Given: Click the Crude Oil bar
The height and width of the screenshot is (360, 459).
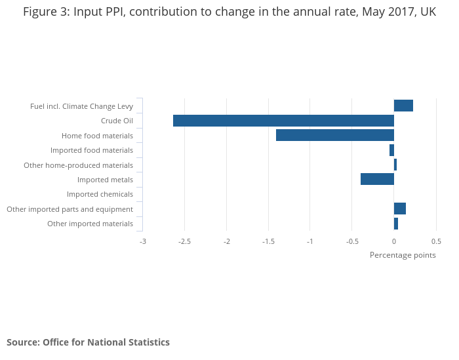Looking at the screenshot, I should tap(283, 121).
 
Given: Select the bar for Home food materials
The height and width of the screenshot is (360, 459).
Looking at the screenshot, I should tap(334, 135).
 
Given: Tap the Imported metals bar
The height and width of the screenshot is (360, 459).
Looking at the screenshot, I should tap(377, 179).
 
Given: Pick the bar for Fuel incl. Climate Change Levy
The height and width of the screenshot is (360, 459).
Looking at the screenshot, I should tap(403, 106).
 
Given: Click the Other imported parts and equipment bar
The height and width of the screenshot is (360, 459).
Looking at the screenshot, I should tap(399, 209).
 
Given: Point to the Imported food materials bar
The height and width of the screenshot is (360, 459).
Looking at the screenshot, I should tap(391, 150).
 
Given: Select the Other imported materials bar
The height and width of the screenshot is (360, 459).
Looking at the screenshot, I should tap(395, 224).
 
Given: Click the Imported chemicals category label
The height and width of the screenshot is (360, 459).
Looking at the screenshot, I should tap(100, 194).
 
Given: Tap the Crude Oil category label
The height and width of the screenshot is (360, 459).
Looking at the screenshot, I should tap(117, 121).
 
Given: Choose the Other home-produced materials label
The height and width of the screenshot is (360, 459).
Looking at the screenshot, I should tap(78, 165).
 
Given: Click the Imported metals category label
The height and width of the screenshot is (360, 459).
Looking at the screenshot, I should tap(105, 180).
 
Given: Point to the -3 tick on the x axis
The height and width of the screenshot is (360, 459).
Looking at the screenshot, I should tap(143, 241).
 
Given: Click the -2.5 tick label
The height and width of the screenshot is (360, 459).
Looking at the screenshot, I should tap(184, 241).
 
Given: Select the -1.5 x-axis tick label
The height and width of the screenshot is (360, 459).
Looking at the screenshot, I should tap(268, 241).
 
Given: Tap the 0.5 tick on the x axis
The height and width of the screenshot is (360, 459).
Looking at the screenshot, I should tap(436, 241).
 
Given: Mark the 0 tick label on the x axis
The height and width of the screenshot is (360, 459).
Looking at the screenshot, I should tap(394, 241).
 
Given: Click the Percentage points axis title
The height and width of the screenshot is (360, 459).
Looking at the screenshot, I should tap(403, 255).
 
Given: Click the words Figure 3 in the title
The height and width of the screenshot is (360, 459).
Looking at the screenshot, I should tap(45, 12).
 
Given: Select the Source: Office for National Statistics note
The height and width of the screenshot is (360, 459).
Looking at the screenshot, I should tap(88, 342).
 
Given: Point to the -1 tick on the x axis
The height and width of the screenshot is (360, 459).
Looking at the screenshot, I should tap(310, 241).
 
